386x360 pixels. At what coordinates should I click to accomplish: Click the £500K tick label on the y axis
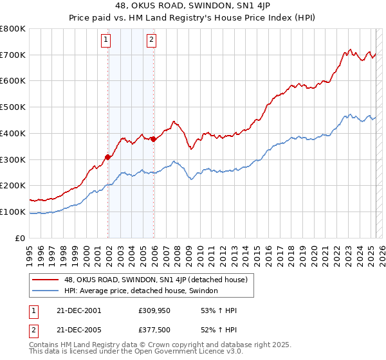[13, 107]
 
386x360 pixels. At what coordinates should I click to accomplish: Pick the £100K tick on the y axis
[13, 212]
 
